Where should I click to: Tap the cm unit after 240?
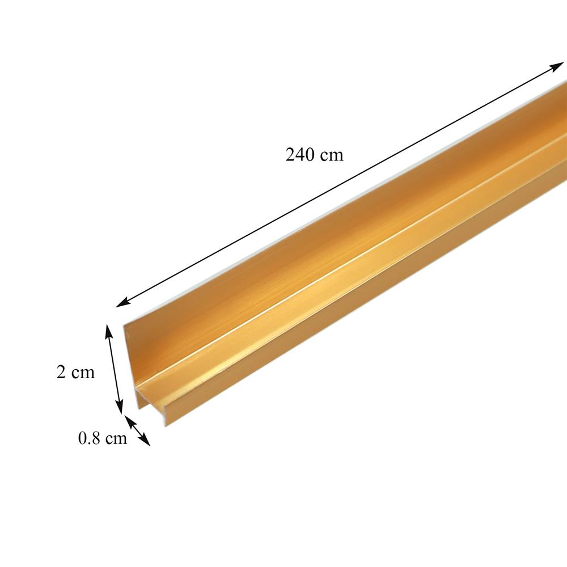click(332, 155)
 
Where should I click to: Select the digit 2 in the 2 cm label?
click(61, 373)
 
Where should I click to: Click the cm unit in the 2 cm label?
click(82, 373)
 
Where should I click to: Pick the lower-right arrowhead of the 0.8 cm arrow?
click(147, 443)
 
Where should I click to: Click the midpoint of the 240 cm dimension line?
click(340, 184)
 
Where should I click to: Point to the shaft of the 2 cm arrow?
click(114, 369)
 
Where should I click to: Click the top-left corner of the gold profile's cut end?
click(125, 325)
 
